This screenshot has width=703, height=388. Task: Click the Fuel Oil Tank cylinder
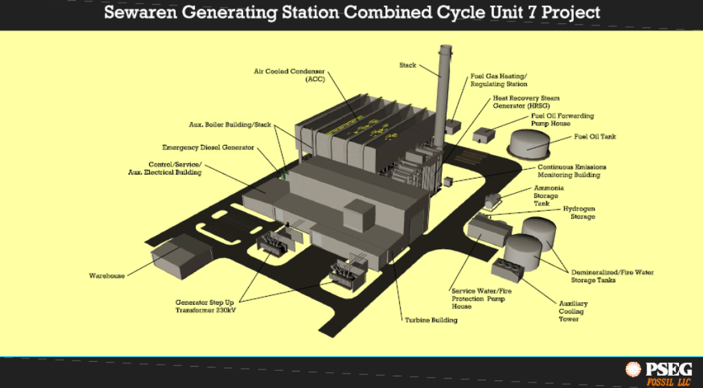pos(528,145)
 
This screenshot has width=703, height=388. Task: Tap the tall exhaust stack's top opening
pos(446,47)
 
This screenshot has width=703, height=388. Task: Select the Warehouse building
pos(181,256)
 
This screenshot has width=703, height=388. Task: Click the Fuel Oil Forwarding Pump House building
pos(483,135)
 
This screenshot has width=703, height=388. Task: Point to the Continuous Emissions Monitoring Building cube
pos(448,181)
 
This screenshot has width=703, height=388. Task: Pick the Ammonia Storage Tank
pos(493,201)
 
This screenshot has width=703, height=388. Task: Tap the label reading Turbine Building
pos(431,320)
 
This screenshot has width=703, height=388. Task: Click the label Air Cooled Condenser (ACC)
pos(289,76)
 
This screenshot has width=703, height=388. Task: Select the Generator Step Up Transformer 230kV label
pos(205,306)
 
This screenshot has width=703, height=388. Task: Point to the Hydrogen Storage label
pos(579,213)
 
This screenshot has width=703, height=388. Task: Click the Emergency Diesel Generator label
pos(208,148)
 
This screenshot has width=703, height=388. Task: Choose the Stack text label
pos(408,65)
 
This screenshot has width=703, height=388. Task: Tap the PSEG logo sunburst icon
pos(633,370)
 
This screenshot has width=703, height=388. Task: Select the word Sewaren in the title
pos(140,12)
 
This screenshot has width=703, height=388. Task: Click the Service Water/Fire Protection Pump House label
pos(482,299)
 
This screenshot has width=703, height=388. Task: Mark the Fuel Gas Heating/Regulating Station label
pos(498,80)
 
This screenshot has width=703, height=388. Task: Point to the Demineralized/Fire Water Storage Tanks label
pos(612,276)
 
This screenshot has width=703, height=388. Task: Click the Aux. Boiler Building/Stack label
pos(230,124)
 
